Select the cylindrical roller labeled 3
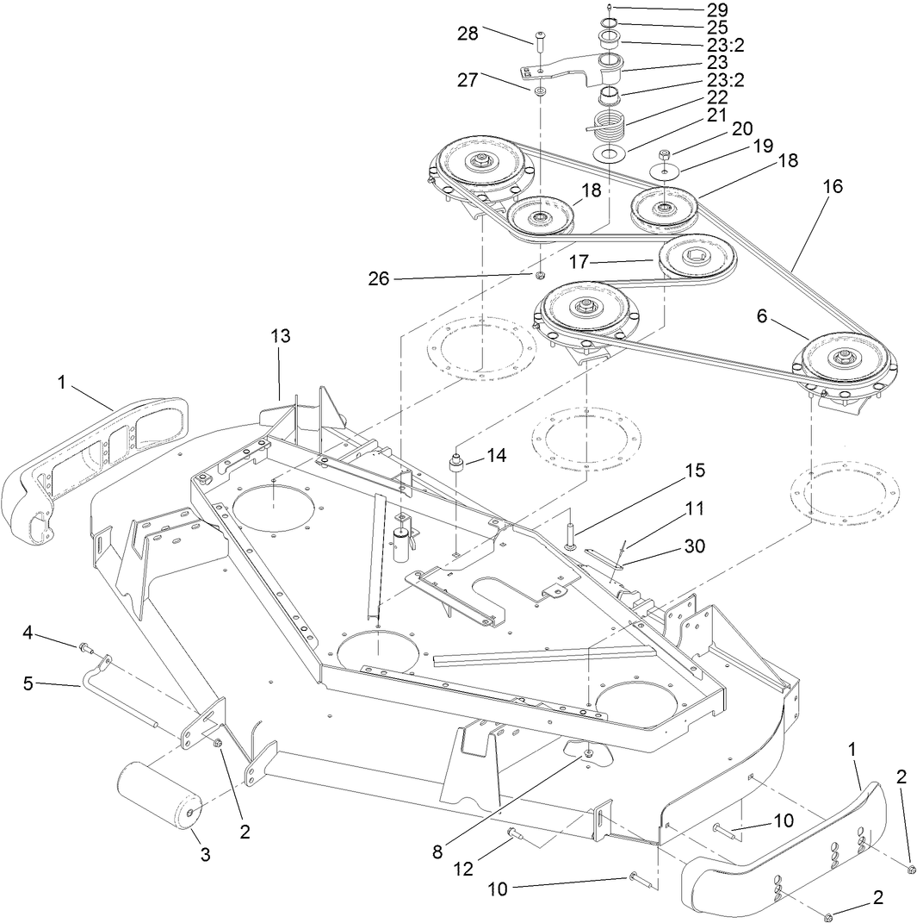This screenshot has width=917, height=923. tap(159, 794)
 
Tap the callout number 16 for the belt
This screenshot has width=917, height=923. tap(833, 185)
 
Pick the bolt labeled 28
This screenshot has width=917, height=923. tap(539, 39)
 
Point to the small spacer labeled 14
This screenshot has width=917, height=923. tap(457, 463)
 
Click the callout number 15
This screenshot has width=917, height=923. tap(695, 471)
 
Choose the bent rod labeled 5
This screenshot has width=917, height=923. tap(121, 707)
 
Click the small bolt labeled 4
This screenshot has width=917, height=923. tap(84, 646)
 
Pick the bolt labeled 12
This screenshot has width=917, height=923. tap(512, 833)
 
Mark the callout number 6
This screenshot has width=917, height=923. tap(761, 317)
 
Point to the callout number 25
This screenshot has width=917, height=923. tap(717, 27)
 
